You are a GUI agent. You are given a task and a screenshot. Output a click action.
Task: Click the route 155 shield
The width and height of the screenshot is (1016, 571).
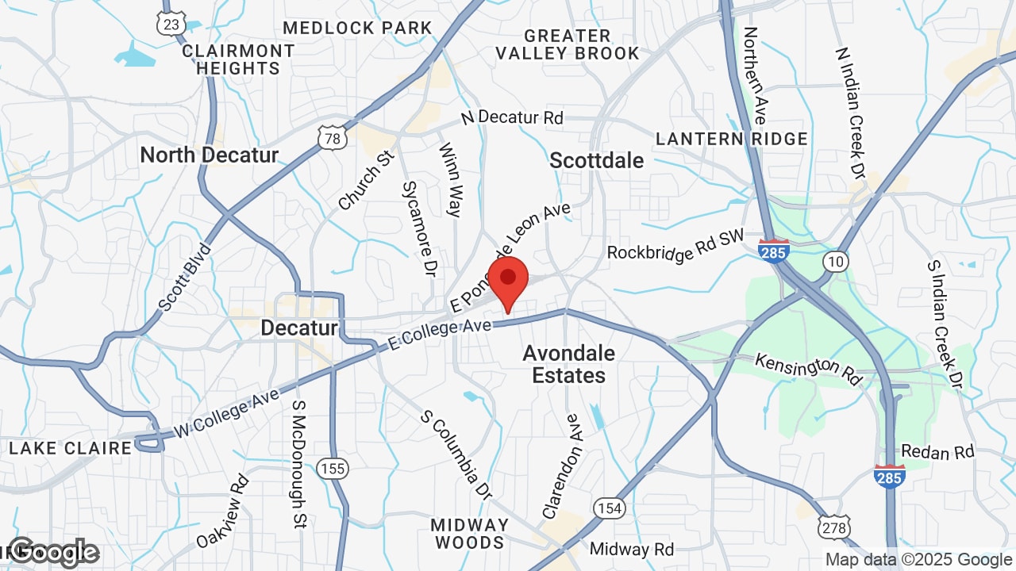coord(332,468)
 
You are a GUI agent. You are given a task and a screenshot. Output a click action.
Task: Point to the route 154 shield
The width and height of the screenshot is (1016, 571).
coord(610,508)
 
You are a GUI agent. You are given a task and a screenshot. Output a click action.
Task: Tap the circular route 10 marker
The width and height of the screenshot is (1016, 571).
coord(835,261)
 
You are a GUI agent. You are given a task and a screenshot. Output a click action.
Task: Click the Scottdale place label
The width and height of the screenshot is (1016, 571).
coord(597,160)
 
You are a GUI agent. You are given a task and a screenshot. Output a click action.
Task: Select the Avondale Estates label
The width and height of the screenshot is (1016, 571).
coord(569,363)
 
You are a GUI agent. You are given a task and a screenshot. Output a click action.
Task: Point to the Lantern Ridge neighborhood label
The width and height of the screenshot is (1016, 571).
coord(731,140)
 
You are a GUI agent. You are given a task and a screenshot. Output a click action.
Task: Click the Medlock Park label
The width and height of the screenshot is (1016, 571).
coord(357,28)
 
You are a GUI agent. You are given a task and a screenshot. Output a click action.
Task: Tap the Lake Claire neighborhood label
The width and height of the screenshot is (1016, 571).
coord(71,448)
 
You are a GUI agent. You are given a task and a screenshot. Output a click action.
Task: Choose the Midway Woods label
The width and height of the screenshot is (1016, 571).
coord(469,534)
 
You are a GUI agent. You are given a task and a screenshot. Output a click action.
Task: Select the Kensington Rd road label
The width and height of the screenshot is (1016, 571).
coord(807,368)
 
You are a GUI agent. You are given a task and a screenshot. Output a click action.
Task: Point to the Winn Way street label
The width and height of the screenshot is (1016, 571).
coord(449,179)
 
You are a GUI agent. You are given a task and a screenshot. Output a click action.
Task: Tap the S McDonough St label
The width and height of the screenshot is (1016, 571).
coord(299,463)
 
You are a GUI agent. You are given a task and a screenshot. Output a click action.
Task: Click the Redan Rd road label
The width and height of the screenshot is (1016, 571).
coord(937,452)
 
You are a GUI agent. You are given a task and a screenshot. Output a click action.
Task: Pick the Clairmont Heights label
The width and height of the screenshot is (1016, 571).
coord(238,59)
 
